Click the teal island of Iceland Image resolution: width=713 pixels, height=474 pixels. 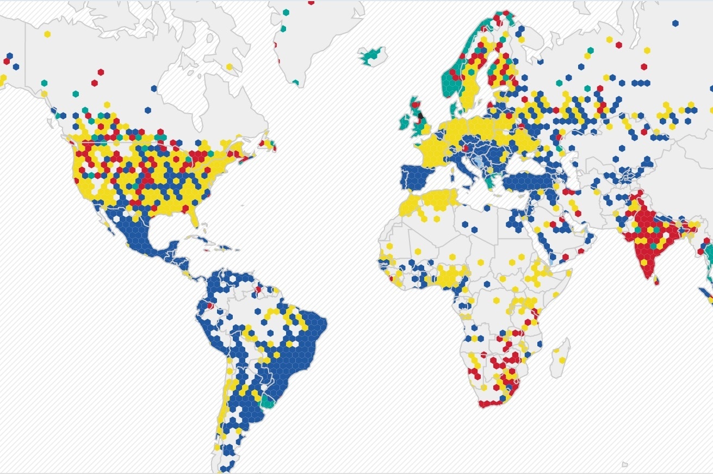(x=372, y=54)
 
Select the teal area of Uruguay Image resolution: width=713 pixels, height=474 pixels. (x=268, y=401)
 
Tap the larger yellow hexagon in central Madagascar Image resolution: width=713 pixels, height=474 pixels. (x=561, y=360)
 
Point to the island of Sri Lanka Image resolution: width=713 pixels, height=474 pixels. (x=656, y=280)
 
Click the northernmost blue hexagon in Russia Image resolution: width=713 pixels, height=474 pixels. (x=675, y=23)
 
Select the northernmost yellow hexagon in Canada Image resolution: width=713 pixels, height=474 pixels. (x=47, y=34)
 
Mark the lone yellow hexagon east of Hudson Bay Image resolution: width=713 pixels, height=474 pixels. (x=229, y=67)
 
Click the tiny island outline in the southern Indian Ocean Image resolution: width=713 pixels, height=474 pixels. (x=625, y=464)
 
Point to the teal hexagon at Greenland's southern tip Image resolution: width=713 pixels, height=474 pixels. (x=295, y=83)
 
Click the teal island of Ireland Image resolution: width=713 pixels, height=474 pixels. (x=405, y=121)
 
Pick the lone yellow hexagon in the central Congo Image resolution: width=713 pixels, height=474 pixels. (x=496, y=300)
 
